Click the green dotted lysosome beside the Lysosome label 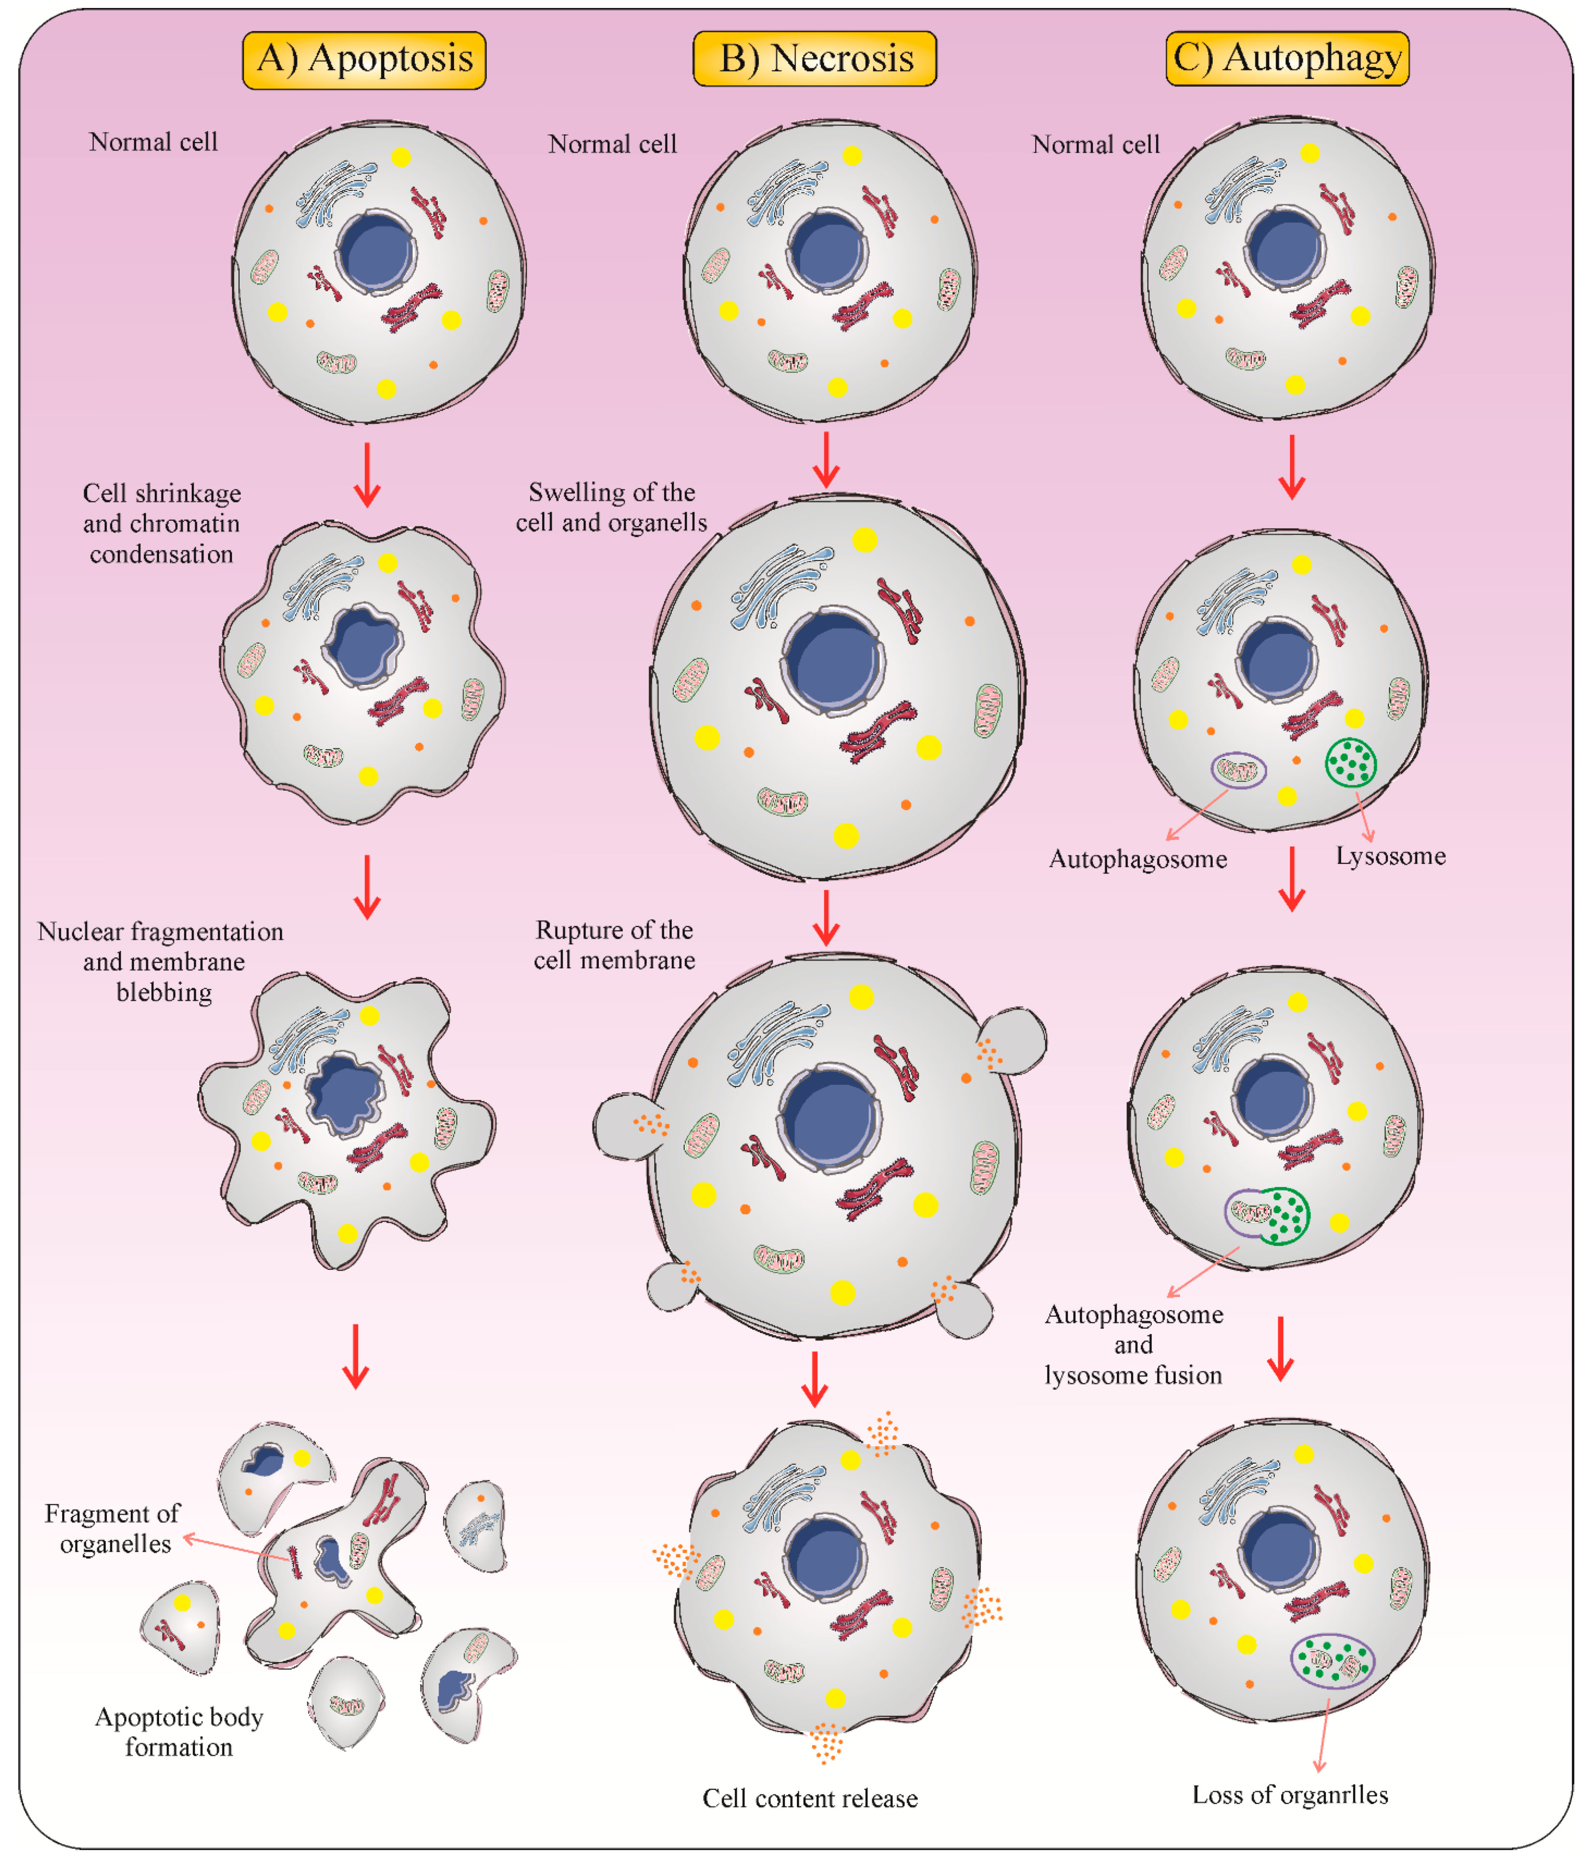1350,762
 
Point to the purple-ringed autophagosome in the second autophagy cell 1239,769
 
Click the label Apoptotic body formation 179,1732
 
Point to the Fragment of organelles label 113,1528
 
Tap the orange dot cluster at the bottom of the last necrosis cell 827,1742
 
